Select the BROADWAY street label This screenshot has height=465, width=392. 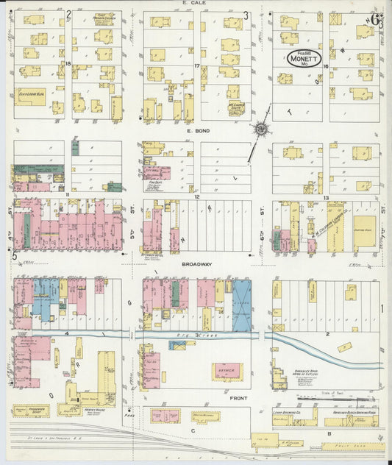196,263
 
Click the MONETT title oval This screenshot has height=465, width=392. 299,58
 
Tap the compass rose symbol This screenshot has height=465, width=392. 260,130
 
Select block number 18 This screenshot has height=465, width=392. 68,65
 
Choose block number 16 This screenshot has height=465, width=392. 325,65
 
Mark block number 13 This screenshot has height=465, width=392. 325,197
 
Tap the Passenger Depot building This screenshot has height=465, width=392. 29,411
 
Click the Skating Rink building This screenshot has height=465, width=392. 364,230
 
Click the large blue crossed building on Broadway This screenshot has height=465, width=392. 241,304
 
